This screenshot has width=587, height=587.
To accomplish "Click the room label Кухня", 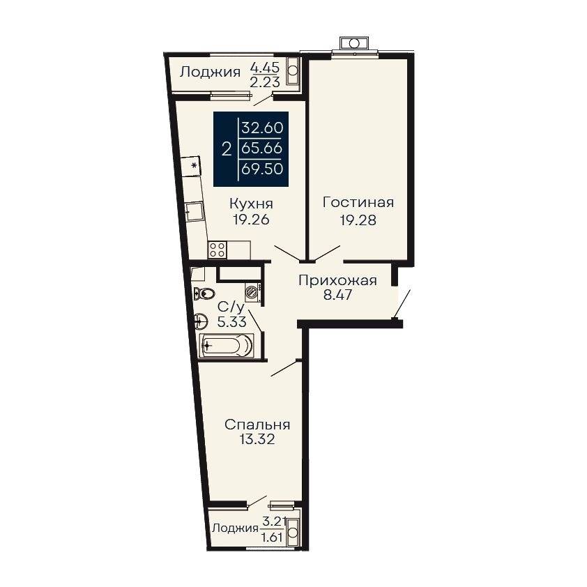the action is [251, 204].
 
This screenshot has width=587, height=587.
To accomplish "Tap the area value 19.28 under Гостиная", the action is [358, 220].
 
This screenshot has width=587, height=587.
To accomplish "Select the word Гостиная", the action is [358, 203].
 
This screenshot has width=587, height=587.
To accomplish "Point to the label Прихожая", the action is [337, 280].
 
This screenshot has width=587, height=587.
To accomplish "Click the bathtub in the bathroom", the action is [226, 345].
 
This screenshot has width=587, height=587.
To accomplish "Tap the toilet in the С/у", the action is [204, 293].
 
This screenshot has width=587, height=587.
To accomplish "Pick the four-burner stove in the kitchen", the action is [218, 250].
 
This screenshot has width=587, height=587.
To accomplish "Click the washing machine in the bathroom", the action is [254, 292].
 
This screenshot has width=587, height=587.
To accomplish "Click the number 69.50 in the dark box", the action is [262, 169].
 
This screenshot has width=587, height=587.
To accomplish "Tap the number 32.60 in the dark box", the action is [262, 128].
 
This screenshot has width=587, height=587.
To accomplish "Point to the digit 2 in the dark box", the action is [227, 150].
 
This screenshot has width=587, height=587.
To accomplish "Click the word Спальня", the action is [257, 425].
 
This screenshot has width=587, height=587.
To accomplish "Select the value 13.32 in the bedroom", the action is [257, 439].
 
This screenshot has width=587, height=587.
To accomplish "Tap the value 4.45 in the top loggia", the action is [265, 68].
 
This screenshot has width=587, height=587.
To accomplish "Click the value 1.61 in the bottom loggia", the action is [273, 538].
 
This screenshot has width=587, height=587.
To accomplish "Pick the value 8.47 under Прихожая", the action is [337, 295].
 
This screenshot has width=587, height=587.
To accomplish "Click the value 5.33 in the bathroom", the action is [231, 321].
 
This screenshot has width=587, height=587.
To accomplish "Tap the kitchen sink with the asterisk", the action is [191, 165].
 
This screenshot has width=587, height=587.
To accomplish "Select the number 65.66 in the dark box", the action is [262, 148].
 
